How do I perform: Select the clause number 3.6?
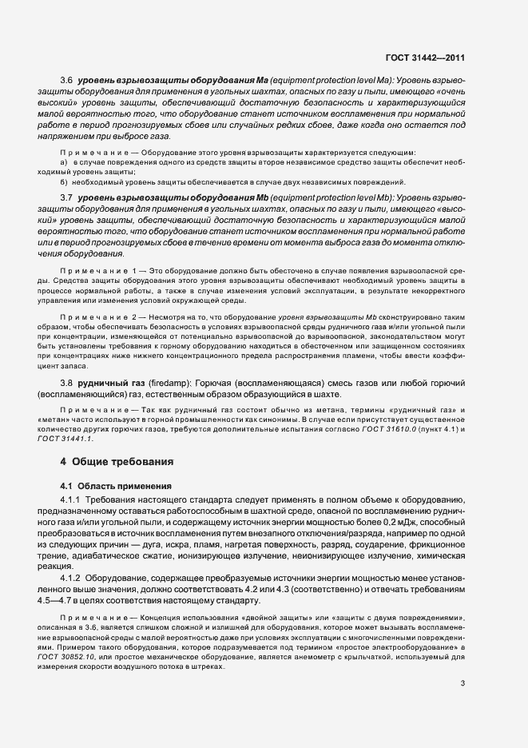click(x=67, y=81)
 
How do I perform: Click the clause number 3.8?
click(x=67, y=383)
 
